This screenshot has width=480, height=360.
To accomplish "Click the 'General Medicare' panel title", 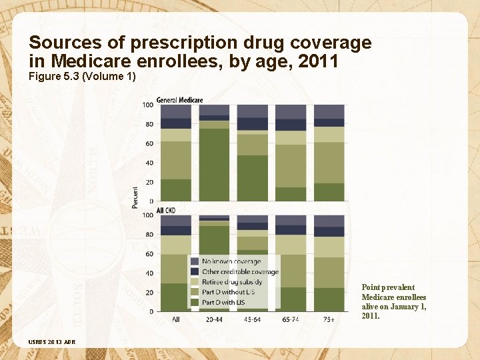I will pyautogui.click(x=179, y=100).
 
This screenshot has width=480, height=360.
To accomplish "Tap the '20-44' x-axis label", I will pyautogui.click(x=214, y=320).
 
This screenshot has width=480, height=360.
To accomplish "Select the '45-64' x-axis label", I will pyautogui.click(x=253, y=320).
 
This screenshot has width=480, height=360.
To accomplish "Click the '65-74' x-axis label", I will pyautogui.click(x=291, y=320).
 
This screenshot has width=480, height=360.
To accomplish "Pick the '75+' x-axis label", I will pyautogui.click(x=329, y=320).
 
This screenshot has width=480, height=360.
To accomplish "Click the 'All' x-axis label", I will pyautogui.click(x=176, y=320).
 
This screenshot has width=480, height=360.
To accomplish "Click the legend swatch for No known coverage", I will pyautogui.click(x=195, y=261).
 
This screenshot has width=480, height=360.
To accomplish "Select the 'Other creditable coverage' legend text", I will pyautogui.click(x=240, y=271).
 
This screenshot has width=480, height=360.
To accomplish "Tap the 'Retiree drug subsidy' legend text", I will pyautogui.click(x=232, y=281).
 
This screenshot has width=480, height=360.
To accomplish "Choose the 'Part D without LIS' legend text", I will pyautogui.click(x=229, y=291).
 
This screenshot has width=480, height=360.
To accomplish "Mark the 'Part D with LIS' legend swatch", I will pyautogui.click(x=195, y=301).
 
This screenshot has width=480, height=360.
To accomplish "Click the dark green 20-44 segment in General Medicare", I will pyautogui.click(x=214, y=164).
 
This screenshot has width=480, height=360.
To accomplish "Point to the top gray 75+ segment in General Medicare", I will pyautogui.click(x=329, y=111).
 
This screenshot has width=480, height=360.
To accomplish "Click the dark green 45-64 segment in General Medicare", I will pyautogui.click(x=253, y=178).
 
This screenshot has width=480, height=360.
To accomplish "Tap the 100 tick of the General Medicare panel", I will pyautogui.click(x=147, y=105).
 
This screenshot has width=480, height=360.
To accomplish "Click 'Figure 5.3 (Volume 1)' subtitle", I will pyautogui.click(x=82, y=77).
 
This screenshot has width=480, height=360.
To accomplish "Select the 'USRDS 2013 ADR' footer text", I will pyautogui.click(x=52, y=342).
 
